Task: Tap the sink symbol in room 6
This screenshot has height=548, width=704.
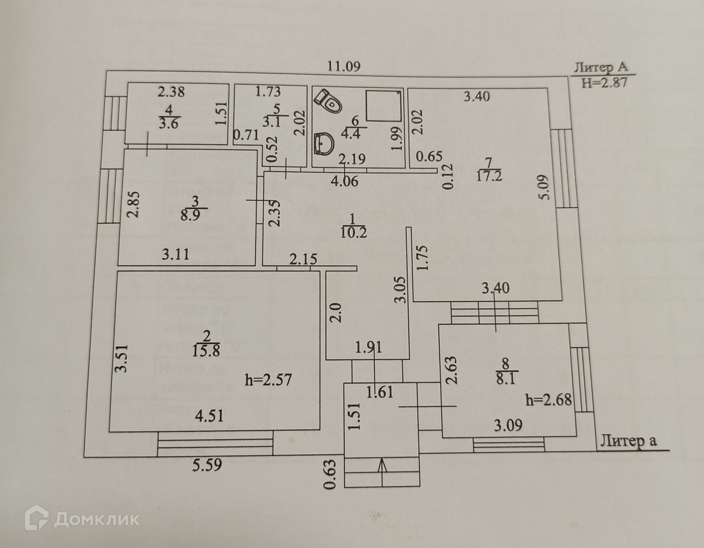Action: pyautogui.click(x=323, y=144)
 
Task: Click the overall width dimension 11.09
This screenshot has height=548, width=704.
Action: pyautogui.click(x=344, y=66)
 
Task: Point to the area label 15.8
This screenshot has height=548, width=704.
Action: pyautogui.click(x=206, y=351)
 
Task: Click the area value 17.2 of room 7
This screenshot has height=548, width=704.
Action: pyautogui.click(x=488, y=176)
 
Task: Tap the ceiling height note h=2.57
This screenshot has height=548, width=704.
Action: pyautogui.click(x=268, y=379)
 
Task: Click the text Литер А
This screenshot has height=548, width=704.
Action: pyautogui.click(x=601, y=67)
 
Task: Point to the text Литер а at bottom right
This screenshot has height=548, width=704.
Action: pyautogui.click(x=628, y=440)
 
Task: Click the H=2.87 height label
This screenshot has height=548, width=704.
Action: pyautogui.click(x=604, y=83)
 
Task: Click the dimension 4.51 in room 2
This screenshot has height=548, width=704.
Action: pyautogui.click(x=209, y=416)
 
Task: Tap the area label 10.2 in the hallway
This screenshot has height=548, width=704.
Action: pyautogui.click(x=354, y=233)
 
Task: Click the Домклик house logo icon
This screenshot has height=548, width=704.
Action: pyautogui.click(x=37, y=519)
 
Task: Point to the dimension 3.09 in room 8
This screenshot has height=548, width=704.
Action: pyautogui.click(x=508, y=425)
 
